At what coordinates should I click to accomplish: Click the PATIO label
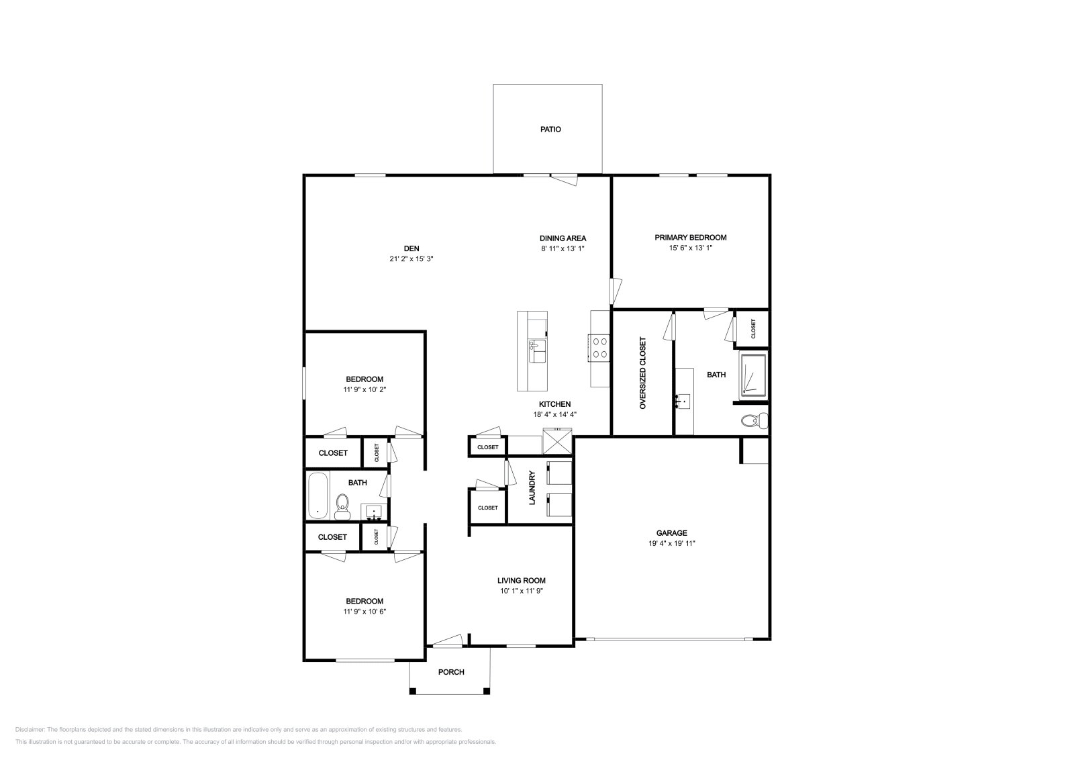(x=550, y=129)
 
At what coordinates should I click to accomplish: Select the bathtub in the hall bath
(x=318, y=495)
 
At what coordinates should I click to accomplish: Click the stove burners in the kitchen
(x=599, y=347)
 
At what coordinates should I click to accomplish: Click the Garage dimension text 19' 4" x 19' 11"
(x=672, y=544)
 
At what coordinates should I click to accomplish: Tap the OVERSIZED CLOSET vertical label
(x=642, y=373)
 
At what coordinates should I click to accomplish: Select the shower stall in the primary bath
(x=753, y=375)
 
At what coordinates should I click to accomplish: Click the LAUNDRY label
(x=532, y=487)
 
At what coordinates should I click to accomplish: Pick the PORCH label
(x=451, y=672)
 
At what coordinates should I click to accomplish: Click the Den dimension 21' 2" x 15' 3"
(x=411, y=258)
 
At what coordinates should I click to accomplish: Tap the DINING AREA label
(x=563, y=238)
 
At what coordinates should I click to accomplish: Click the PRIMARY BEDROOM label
(x=690, y=238)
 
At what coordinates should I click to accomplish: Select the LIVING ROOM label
(x=521, y=581)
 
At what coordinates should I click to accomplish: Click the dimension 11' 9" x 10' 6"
(x=364, y=612)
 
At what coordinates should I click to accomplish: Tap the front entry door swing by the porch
(x=447, y=640)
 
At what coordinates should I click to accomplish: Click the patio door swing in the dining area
(x=564, y=179)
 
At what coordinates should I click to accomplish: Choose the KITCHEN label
(x=554, y=404)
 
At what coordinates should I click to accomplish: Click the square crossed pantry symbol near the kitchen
(x=556, y=446)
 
